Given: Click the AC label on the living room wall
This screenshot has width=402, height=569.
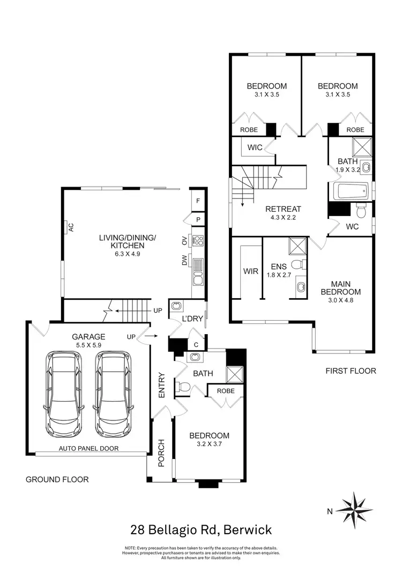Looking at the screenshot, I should (70, 227).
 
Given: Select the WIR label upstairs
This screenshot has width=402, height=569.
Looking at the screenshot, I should (251, 271).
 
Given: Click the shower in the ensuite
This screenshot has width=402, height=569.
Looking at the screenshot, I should (296, 245).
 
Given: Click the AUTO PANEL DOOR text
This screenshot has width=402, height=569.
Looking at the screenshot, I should (89, 448).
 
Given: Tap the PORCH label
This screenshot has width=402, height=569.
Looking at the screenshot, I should (159, 453).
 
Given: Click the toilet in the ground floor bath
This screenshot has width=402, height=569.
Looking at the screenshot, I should (183, 386).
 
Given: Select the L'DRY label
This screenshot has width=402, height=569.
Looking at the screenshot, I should (192, 319).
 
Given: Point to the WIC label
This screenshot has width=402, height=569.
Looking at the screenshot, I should (255, 147).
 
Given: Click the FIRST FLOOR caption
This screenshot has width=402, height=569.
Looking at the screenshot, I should (351, 371).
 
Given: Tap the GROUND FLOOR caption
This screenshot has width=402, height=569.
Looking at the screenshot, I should (57, 479).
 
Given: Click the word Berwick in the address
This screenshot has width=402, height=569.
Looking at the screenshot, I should (248, 530).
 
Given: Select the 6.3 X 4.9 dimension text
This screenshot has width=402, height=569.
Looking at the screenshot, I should (127, 254).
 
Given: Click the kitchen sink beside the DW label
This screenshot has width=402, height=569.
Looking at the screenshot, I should (198, 278).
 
